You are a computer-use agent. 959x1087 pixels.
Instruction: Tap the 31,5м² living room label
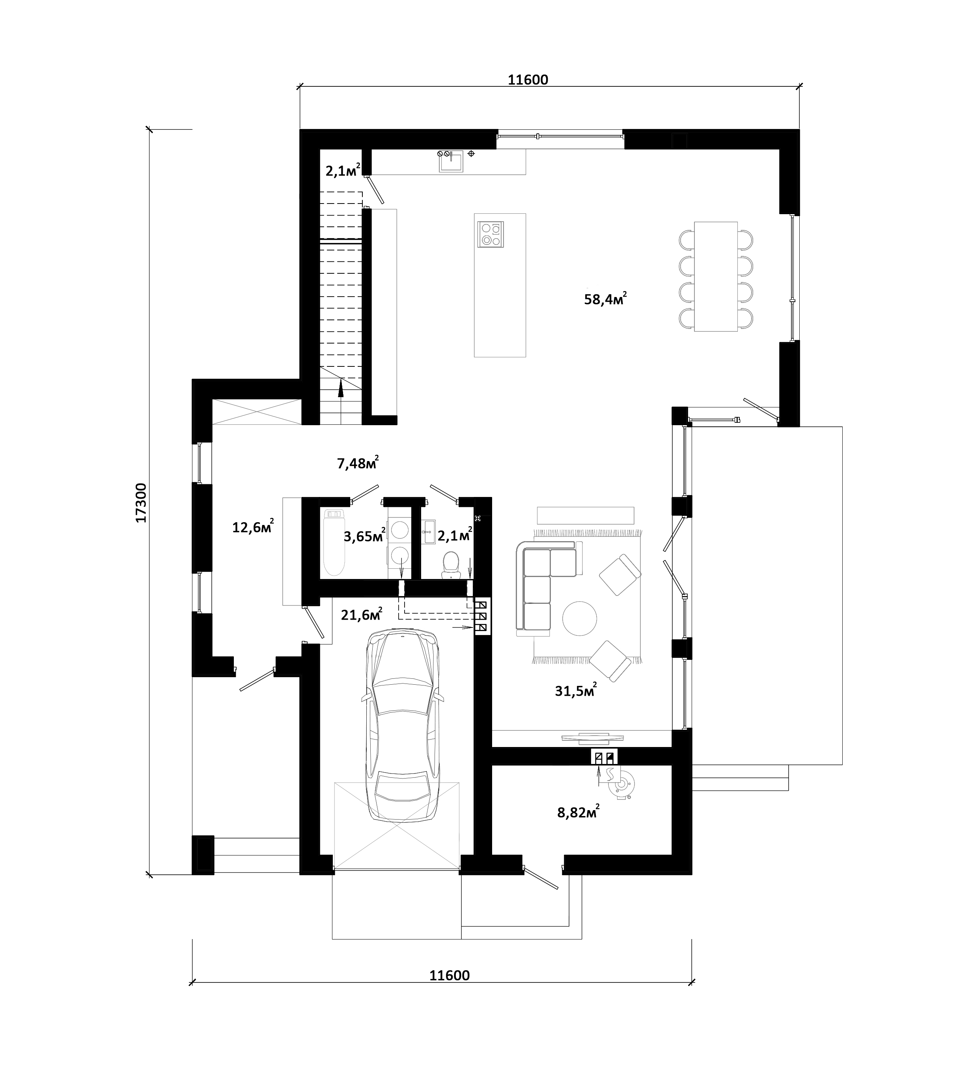tap(576, 690)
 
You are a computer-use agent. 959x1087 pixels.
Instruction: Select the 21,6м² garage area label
tap(362, 615)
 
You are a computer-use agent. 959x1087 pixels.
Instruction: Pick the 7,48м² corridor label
tap(358, 463)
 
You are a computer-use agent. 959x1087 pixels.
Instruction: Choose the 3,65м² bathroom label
tap(364, 536)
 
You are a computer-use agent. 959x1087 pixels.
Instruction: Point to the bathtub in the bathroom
tap(334, 542)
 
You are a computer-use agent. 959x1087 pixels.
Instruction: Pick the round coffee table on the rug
tap(579, 618)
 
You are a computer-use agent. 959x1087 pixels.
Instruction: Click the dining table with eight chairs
tap(716, 276)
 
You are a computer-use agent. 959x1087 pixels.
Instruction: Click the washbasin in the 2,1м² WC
tap(429, 532)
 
